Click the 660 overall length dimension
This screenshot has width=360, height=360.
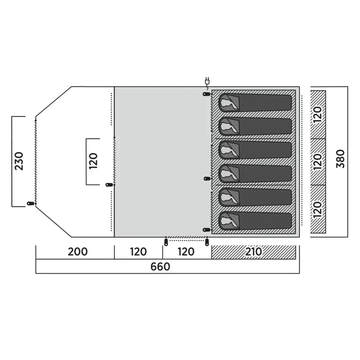[x=160, y=266]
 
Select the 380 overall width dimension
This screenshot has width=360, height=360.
[x=340, y=161]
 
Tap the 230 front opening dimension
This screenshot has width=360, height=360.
[x=19, y=161]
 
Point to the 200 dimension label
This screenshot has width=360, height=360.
[x=78, y=251]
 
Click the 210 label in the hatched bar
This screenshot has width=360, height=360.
[x=254, y=251]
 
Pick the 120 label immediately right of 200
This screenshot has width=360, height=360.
[x=138, y=251]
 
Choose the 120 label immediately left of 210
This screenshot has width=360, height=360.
[x=186, y=251]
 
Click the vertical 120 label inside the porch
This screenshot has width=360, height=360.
[x=93, y=161]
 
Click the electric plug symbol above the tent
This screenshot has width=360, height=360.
[x=206, y=81]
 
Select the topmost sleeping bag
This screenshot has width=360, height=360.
[x=255, y=103]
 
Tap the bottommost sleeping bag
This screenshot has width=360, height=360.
[x=255, y=220]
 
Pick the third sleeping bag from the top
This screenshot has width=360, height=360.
[x=255, y=150]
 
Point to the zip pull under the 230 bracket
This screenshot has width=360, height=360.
[x=30, y=204]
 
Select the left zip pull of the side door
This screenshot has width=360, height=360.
[x=165, y=242]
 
